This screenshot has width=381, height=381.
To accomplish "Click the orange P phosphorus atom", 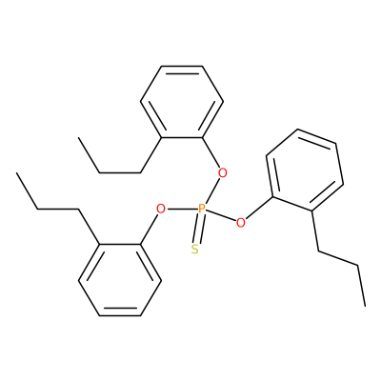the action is [x=202, y=210].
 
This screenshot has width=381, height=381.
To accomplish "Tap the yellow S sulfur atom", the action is [x=195, y=250].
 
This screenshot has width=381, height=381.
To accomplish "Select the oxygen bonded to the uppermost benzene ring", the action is [x=223, y=173].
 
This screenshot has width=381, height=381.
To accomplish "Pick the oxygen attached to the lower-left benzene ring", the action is [x=161, y=210].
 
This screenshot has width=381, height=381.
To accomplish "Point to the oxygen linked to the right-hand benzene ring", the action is [x=241, y=223].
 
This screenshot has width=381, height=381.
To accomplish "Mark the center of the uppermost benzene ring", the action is [x=182, y=102].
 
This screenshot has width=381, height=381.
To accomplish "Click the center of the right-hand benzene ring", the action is [x=305, y=170].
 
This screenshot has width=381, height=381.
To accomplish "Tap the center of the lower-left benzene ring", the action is [x=120, y=280].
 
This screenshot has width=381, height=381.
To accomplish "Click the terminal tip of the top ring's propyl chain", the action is [x=78, y=137].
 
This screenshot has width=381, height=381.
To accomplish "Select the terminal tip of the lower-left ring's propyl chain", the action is [x=16, y=173].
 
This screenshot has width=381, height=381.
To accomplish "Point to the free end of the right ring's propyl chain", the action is [x=365, y=306].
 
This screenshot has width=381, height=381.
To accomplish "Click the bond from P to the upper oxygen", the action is [x=212, y=191].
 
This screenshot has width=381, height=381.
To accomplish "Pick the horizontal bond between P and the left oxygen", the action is [x=182, y=210].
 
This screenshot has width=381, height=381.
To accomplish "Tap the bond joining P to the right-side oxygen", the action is [x=221, y=216].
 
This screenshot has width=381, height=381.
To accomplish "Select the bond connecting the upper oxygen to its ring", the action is [x=211, y=153].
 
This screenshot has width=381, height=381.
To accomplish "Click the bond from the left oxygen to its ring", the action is [x=150, y=230].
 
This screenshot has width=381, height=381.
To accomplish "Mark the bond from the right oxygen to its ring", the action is [x=259, y=209].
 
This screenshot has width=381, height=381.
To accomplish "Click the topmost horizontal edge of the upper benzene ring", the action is [x=182, y=66].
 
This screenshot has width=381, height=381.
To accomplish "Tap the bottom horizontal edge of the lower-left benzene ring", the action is [x=120, y=315].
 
